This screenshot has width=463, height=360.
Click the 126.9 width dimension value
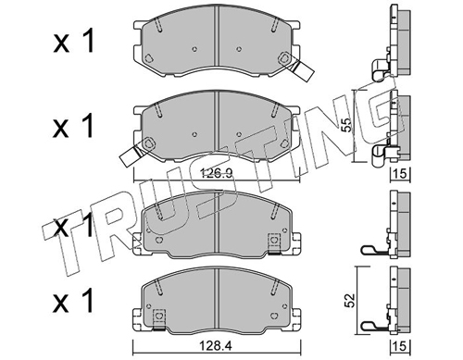216,174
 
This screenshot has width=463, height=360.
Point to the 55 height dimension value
347,126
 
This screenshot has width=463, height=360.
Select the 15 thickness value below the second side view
400,174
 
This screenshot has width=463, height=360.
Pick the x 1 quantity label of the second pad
74,126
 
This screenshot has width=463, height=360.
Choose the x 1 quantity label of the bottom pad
74,302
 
